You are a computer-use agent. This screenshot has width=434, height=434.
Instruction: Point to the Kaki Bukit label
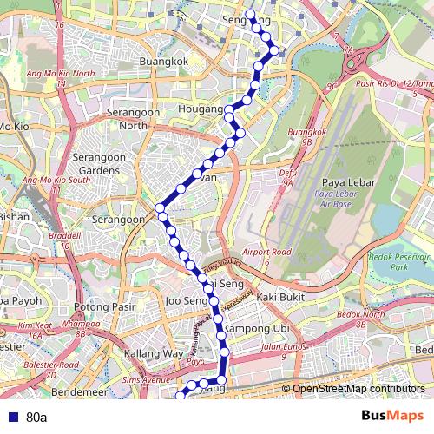click(x=279, y=297)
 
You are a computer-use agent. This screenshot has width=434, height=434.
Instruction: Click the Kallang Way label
click(x=153, y=354)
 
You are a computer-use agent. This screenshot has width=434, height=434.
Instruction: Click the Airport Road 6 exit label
click(x=267, y=256)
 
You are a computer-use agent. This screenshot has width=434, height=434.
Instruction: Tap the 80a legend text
click(x=36, y=418)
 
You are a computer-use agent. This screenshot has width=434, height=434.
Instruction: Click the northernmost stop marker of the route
click(x=250, y=15)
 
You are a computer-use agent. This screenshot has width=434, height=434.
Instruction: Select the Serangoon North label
click(x=127, y=119)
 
